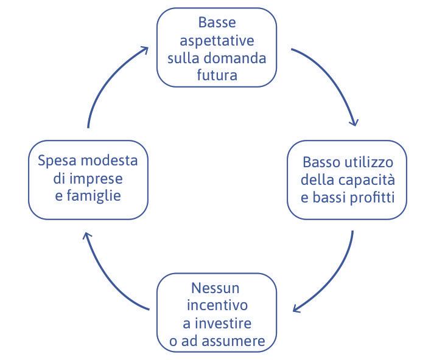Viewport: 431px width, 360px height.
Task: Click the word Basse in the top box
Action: click(x=217, y=22)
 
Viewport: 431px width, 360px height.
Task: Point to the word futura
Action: click(x=217, y=75)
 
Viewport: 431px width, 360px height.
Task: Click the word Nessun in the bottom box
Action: click(x=217, y=287)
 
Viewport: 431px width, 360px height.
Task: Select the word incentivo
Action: click(x=217, y=305)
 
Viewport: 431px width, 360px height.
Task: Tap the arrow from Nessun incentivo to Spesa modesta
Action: click(x=105, y=275)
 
